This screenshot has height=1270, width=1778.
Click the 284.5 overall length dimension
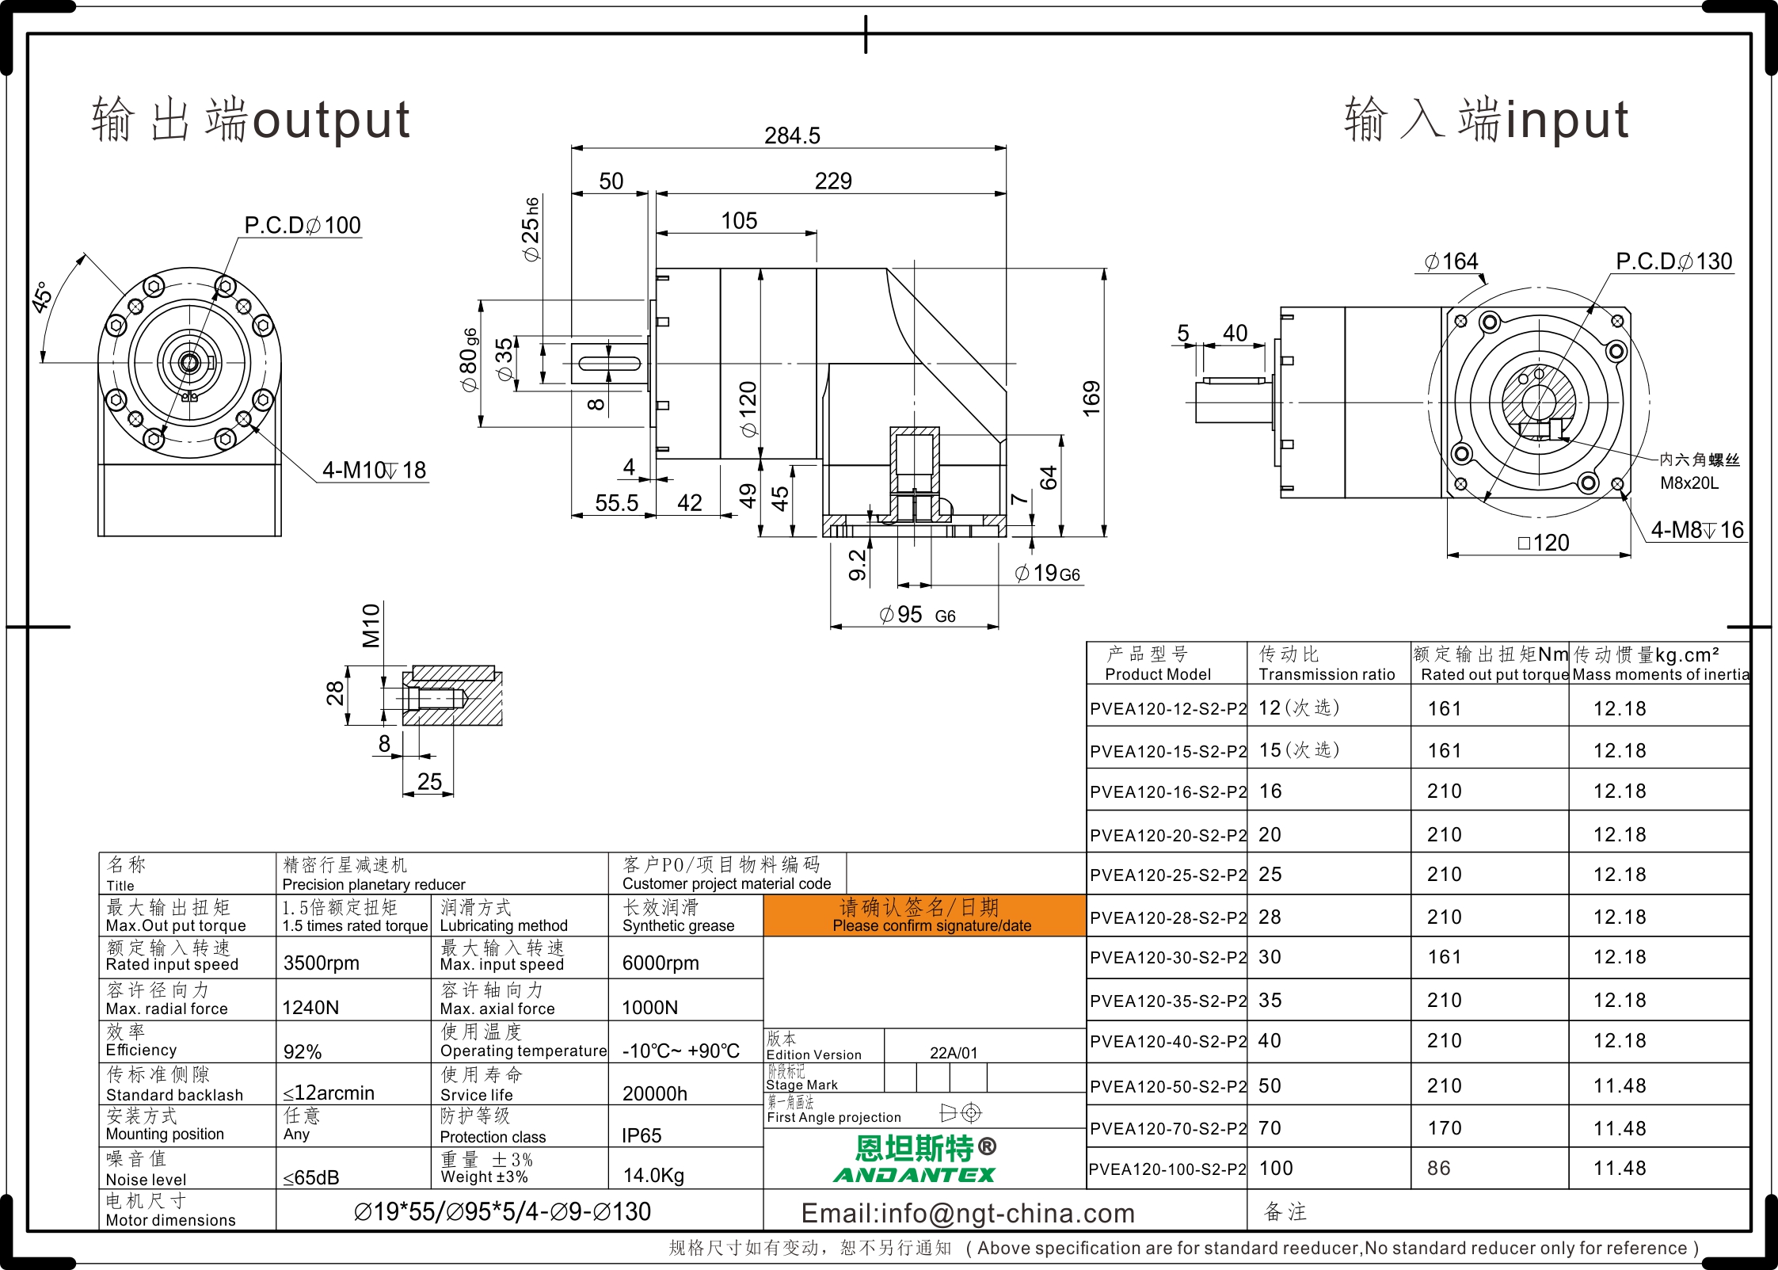792,135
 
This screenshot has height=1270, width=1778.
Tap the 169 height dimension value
1091,399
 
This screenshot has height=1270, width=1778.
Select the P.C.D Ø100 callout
303,225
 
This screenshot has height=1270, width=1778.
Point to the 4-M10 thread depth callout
374,470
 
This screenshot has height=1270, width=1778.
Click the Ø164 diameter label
1451,261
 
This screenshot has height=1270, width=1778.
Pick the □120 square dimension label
1544,543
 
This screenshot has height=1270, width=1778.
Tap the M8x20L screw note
1689,483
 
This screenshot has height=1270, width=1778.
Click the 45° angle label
42,297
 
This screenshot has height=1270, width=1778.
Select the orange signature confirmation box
924,916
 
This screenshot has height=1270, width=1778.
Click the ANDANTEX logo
914,1175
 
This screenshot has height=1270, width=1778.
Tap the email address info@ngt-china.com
968,1213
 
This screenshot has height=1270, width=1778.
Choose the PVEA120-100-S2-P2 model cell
1167,1169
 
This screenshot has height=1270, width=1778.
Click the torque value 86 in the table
1439,1169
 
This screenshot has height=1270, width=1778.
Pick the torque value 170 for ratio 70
1445,1128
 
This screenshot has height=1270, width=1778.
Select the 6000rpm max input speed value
661,963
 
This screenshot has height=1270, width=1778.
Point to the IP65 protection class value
642,1135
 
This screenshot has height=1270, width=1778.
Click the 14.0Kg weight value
653,1175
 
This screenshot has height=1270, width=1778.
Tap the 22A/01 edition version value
954,1053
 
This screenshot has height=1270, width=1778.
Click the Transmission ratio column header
1327,674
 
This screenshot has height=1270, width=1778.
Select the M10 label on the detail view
371,625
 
